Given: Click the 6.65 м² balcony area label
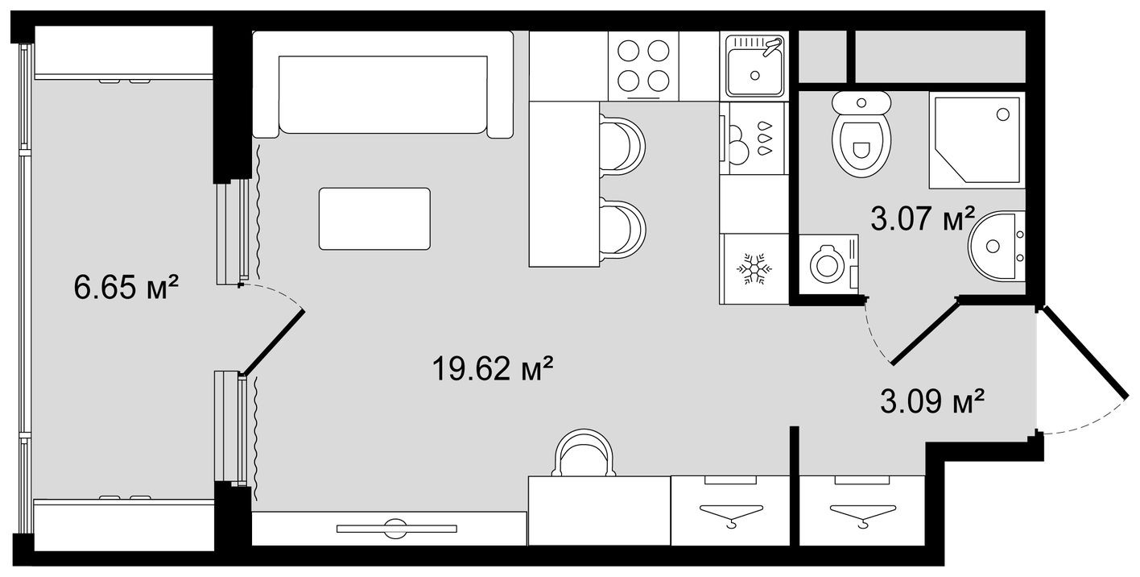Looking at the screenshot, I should click(126, 286).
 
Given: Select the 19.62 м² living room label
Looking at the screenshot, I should click(493, 370).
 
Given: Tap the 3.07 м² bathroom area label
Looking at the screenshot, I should click(923, 218).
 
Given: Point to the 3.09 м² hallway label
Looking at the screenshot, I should click(933, 400).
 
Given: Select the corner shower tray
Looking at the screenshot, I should click(976, 140).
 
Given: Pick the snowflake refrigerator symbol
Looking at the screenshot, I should click(755, 268).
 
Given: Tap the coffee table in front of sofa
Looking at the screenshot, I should click(374, 218).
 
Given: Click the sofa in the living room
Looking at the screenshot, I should click(383, 85).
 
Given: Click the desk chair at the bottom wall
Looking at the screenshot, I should click(584, 454).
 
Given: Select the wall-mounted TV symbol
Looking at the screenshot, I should click(396, 529).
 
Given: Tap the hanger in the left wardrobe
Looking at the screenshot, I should click(731, 513).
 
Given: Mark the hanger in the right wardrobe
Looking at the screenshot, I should click(861, 513).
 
